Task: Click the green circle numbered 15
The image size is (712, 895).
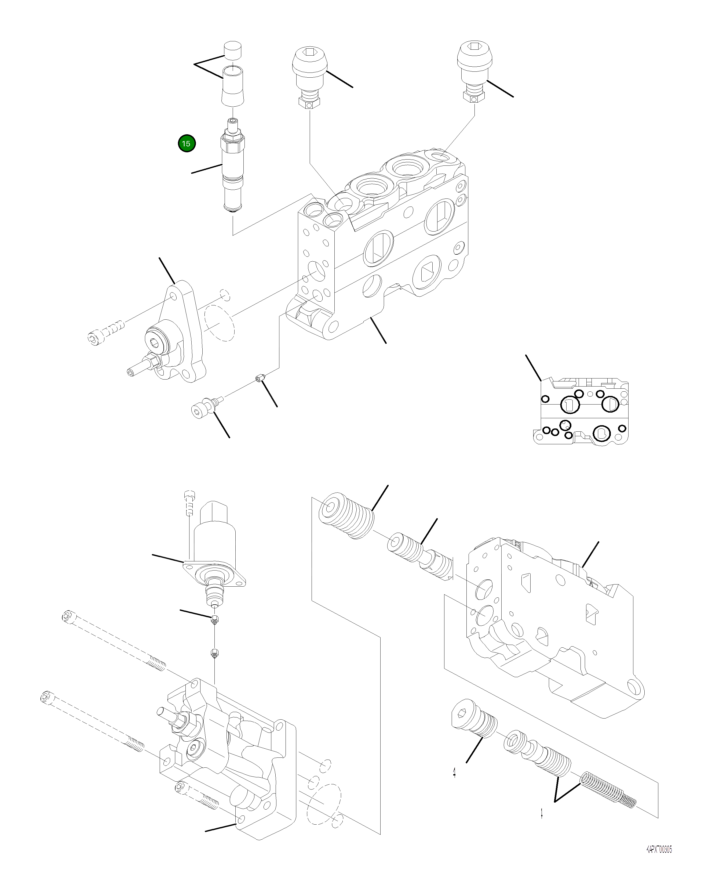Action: (x=186, y=144)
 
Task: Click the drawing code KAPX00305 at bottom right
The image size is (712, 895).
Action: (x=659, y=858)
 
